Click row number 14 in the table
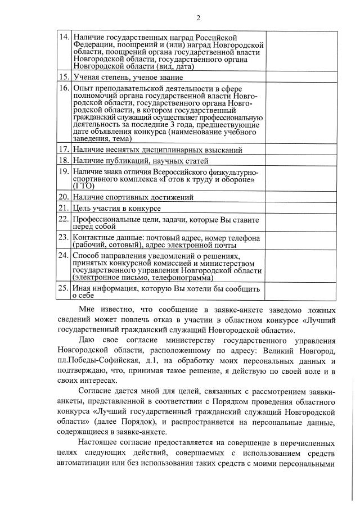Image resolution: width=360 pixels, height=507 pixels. point(65,37)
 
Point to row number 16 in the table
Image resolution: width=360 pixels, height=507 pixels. point(65,88)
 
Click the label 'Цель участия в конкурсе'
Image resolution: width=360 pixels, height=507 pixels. point(117,209)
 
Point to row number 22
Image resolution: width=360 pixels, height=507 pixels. point(65,219)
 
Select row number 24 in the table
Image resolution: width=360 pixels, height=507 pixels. point(65,255)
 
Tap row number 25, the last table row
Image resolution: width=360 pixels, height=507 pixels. point(65,289)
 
